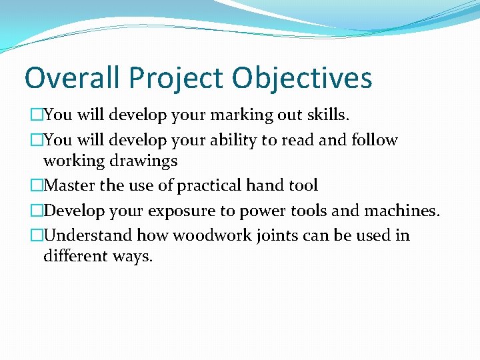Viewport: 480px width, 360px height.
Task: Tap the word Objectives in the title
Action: click(x=302, y=78)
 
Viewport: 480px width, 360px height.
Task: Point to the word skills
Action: click(x=327, y=115)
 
